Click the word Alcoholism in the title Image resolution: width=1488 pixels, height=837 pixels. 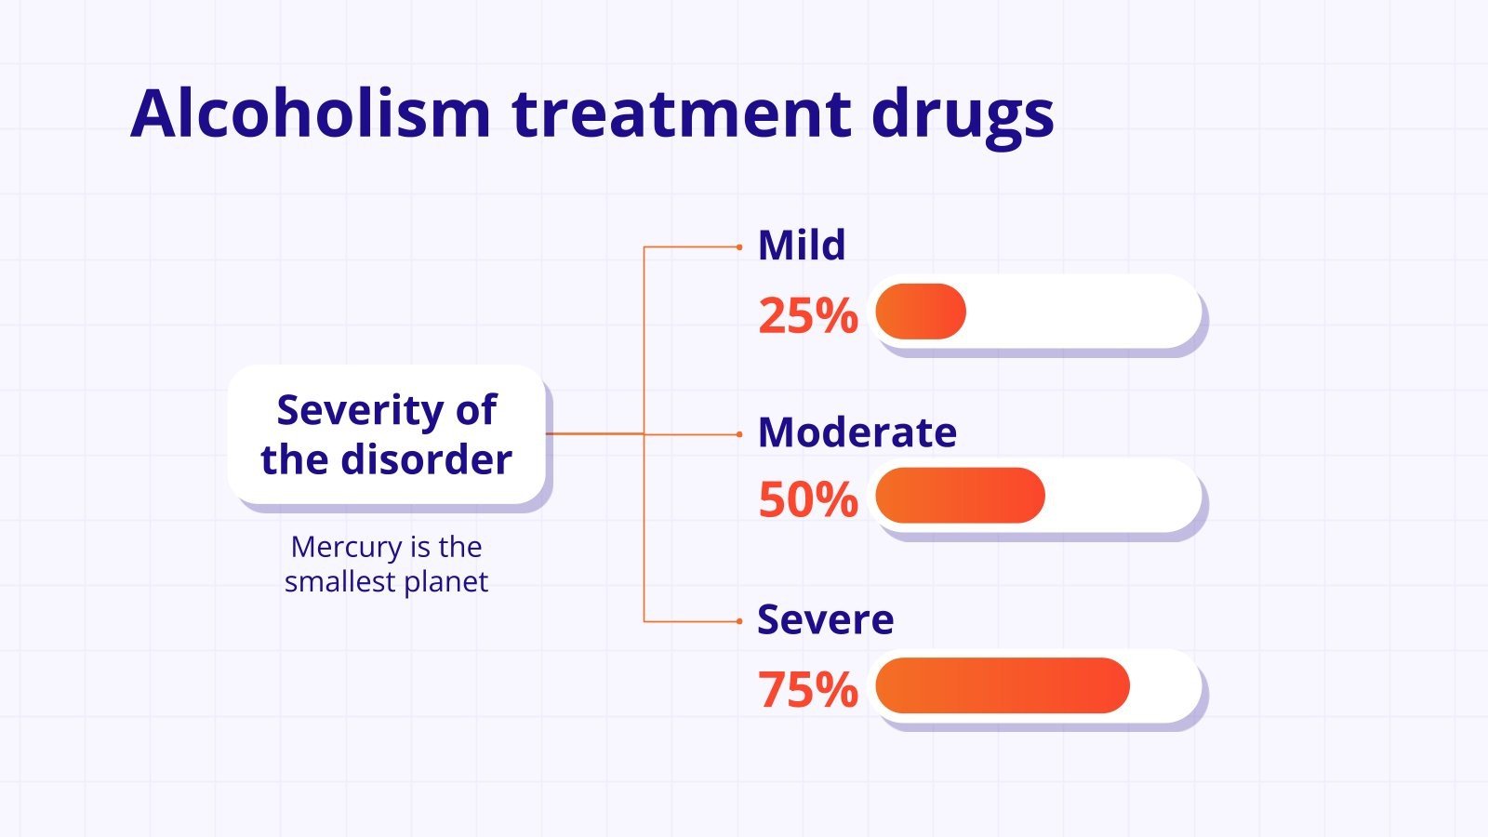click(310, 113)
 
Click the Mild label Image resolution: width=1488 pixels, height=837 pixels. click(802, 246)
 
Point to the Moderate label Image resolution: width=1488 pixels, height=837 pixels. click(857, 432)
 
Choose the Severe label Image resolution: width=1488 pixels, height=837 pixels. click(825, 619)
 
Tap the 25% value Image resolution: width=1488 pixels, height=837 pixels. click(807, 316)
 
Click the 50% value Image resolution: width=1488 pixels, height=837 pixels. click(807, 500)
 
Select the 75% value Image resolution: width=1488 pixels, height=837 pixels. click(807, 690)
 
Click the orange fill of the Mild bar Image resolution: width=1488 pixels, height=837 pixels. click(921, 312)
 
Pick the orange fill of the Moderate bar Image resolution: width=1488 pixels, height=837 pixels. click(960, 496)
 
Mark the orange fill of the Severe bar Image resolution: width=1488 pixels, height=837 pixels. click(1002, 685)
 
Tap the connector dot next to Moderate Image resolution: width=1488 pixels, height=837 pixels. click(739, 434)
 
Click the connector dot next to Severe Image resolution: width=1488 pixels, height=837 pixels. click(739, 621)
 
